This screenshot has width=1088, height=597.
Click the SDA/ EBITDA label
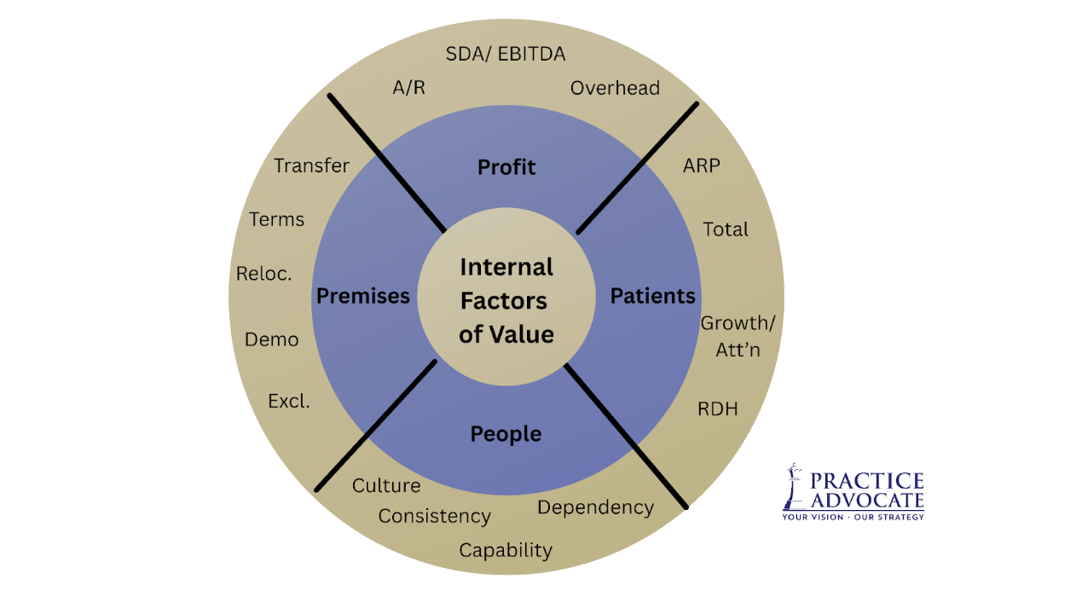[x=506, y=55]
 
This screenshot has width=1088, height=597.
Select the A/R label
[x=408, y=88]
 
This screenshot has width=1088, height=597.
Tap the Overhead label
[x=615, y=88]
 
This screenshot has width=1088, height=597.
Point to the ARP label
[x=701, y=165]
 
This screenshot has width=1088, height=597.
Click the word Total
[x=726, y=229]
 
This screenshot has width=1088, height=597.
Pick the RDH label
[x=717, y=409]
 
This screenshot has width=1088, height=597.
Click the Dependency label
[x=595, y=507]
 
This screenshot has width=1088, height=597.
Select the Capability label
[x=506, y=551]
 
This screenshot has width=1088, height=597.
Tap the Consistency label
[x=434, y=517]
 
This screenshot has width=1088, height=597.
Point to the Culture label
[x=386, y=486]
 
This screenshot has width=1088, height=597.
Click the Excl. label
[x=289, y=401]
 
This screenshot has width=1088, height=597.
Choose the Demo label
[x=271, y=339]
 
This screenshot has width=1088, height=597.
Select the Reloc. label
[x=264, y=275]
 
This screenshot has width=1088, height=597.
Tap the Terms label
[x=276, y=219]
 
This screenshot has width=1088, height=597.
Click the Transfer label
[x=311, y=165]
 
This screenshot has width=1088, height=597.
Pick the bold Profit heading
[x=506, y=167]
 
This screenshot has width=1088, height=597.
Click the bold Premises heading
[x=363, y=296]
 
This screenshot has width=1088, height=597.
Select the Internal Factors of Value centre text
[x=506, y=300]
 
